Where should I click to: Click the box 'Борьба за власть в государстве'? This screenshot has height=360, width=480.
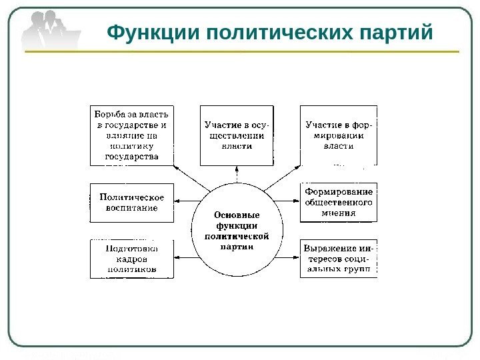(x=132, y=135)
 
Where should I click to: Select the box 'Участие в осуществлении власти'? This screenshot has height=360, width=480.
(x=237, y=135)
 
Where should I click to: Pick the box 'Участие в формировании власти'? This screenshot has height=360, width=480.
(x=339, y=135)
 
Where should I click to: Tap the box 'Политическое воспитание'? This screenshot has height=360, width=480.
(x=132, y=203)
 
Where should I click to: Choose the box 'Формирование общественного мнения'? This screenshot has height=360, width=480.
(x=339, y=203)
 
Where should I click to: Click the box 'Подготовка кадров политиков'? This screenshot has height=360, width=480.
(x=132, y=259)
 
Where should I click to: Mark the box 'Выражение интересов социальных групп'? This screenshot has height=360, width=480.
(x=339, y=259)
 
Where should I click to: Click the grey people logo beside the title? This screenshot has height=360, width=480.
(x=51, y=28)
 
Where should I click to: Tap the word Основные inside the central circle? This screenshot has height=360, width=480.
(x=237, y=215)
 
